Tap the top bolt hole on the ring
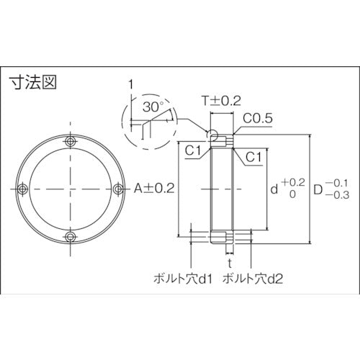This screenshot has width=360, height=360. click(70, 140)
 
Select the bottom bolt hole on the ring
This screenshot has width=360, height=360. click(70, 235)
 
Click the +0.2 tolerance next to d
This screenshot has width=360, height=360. click(293, 182)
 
